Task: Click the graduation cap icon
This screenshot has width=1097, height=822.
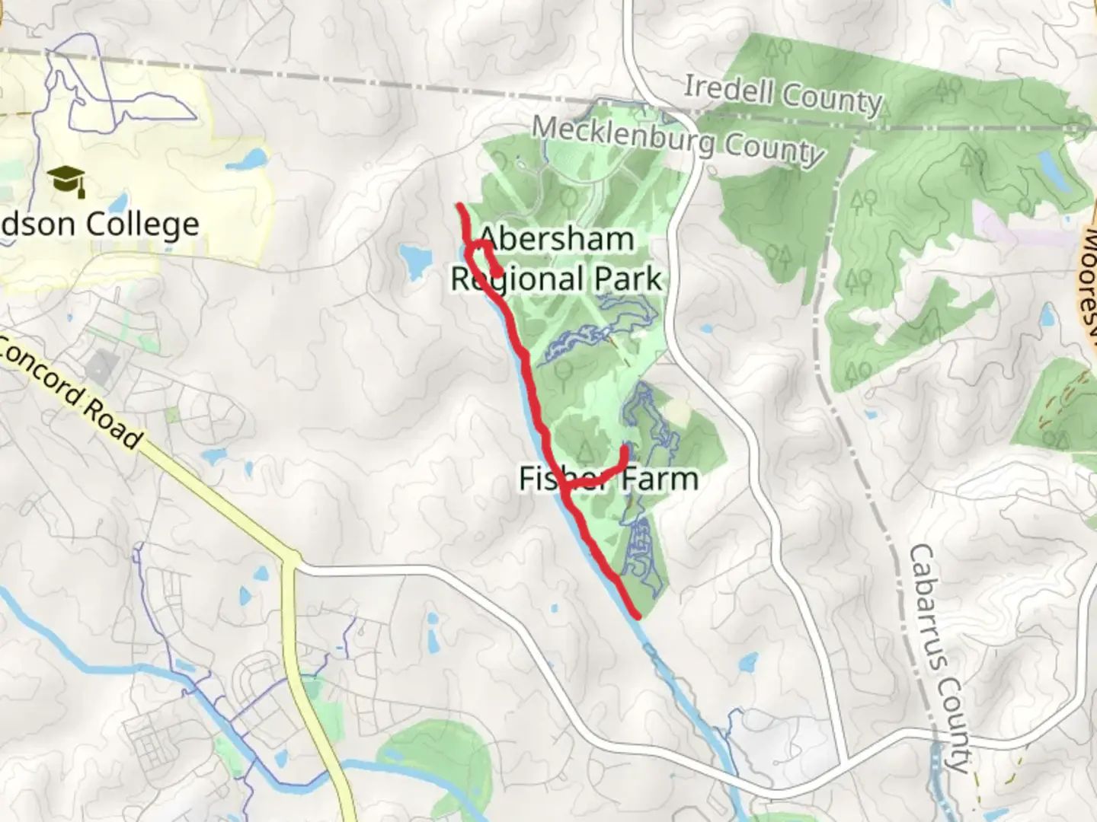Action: click(66, 181)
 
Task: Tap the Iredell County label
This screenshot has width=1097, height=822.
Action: click(782, 94)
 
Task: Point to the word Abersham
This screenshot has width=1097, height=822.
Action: click(558, 239)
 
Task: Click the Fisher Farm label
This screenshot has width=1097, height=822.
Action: click(608, 479)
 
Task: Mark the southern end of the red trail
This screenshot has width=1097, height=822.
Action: click(636, 613)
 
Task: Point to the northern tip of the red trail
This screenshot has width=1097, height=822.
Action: click(459, 206)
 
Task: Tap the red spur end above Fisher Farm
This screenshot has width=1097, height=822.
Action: click(625, 448)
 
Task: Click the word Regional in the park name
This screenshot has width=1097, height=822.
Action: click(519, 279)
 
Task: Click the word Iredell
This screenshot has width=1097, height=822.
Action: click(728, 89)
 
